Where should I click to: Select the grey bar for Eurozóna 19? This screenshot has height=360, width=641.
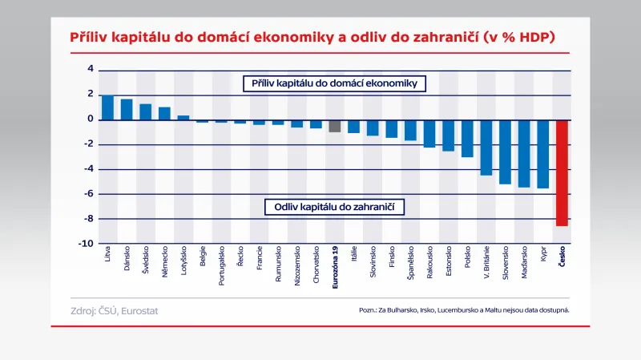click(334, 126)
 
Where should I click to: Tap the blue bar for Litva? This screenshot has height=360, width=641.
click(107, 107)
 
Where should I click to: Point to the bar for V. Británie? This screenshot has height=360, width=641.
click(486, 148)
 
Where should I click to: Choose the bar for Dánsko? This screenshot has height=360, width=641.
click(127, 110)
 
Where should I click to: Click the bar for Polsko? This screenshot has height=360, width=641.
click(467, 138)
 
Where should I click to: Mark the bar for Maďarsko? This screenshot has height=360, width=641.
click(523, 153)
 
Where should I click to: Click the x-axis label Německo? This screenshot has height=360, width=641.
click(165, 261)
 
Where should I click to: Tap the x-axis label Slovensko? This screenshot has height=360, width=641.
click(505, 263)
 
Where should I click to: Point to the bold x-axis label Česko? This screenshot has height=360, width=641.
click(562, 258)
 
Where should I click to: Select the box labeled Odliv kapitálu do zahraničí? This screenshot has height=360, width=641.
click(334, 207)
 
